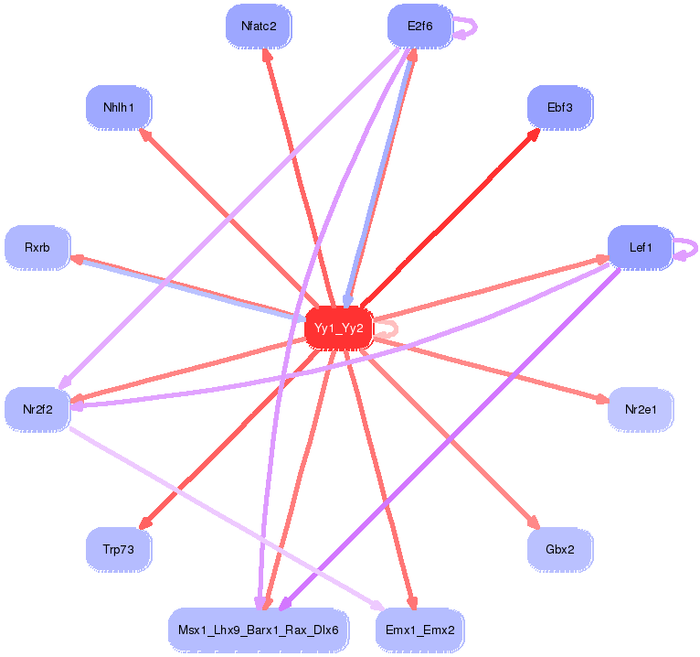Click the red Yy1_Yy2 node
[338, 328]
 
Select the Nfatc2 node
[259, 27]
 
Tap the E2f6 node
[419, 27]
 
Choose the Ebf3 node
[559, 108]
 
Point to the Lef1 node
[641, 247]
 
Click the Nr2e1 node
[641, 409]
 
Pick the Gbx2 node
[559, 549]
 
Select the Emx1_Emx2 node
[419, 630]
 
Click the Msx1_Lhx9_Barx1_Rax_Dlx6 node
[258, 630]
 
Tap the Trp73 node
[119, 549]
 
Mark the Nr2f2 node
[37, 409]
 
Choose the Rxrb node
[37, 247]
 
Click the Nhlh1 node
[119, 108]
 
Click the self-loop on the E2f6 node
[468, 27]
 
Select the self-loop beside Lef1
[688, 248]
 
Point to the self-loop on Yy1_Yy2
[387, 329]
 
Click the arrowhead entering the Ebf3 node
[533, 132]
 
